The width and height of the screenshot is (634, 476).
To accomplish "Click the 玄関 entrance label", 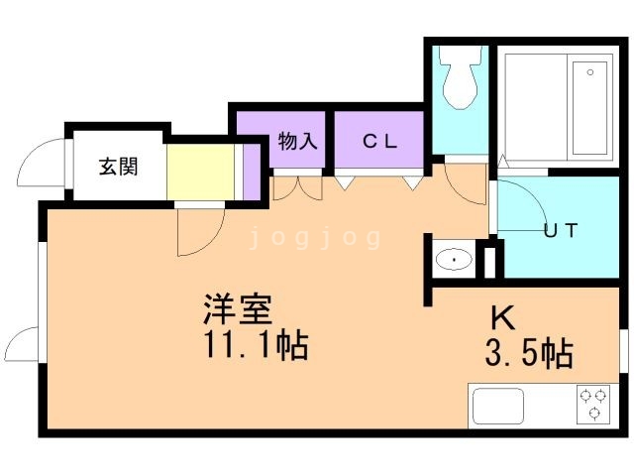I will coord(118,166).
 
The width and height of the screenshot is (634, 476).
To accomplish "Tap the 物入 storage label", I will coord(297,141).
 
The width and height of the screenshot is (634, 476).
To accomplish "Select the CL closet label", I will coord(378,141).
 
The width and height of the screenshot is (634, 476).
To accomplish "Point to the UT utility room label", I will coord(561,231).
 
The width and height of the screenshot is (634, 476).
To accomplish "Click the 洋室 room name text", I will coord(237,309).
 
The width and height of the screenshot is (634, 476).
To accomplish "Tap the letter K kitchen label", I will coord(503,318).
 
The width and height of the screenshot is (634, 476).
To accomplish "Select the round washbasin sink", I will coord(455,261).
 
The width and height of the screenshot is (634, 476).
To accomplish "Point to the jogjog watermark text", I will coord(315,238).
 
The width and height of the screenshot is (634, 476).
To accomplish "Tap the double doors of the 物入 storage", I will coord(296,186).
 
